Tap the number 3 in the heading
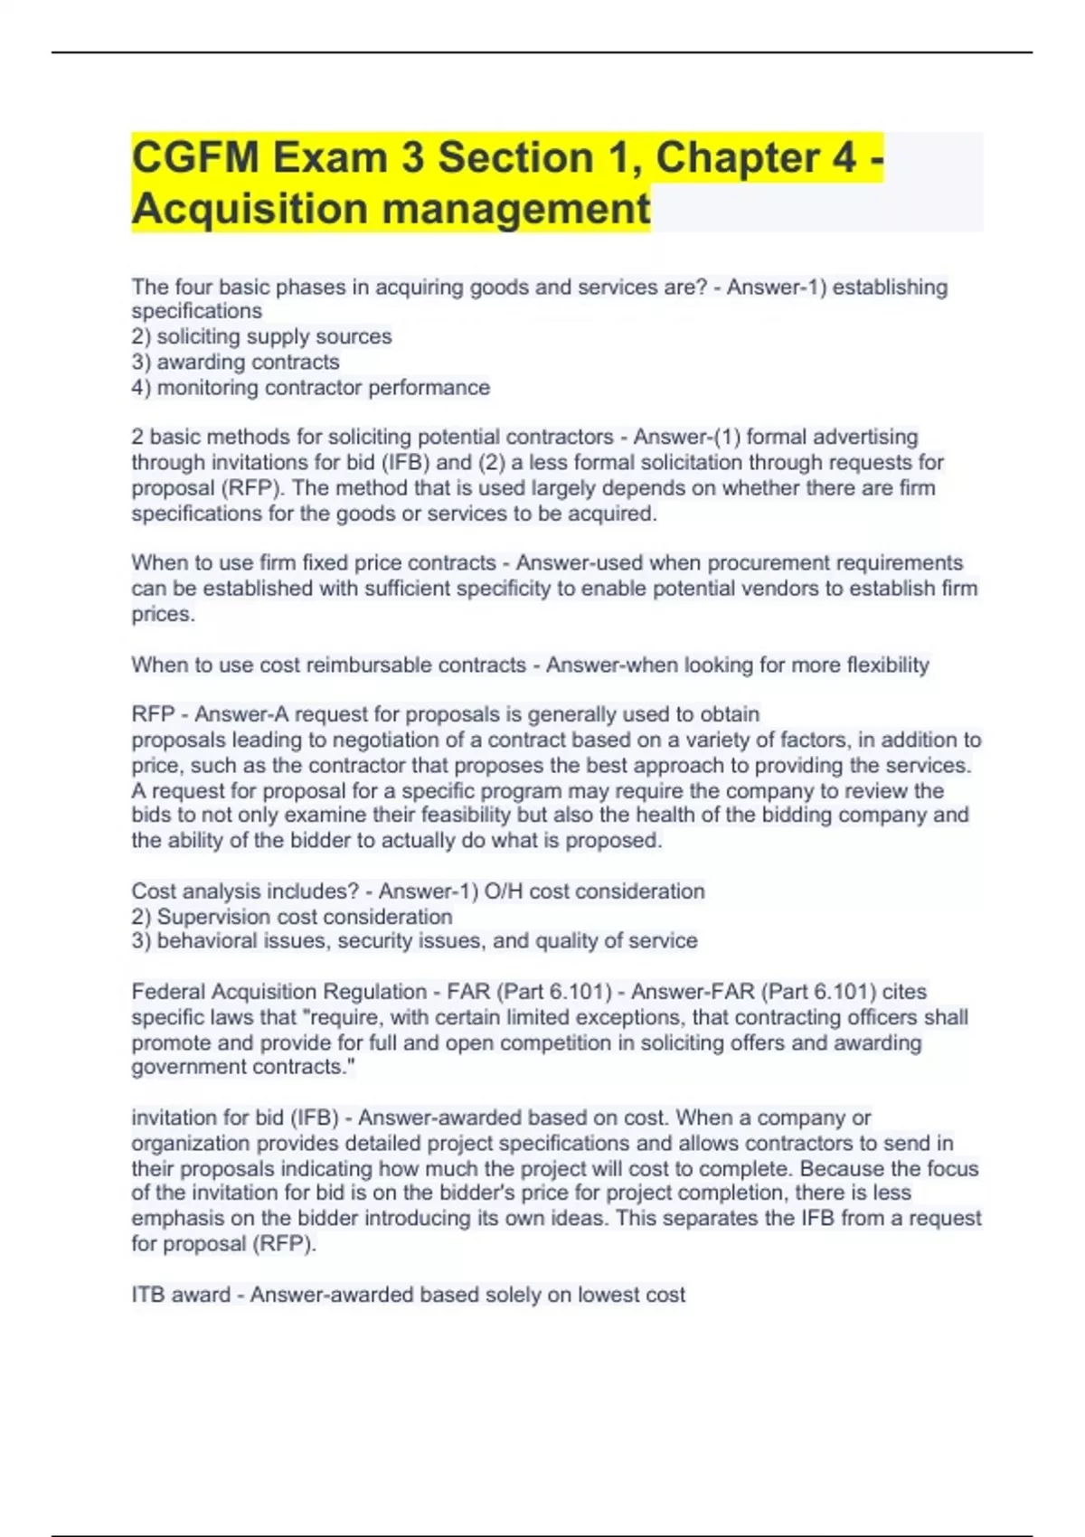point(412,158)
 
